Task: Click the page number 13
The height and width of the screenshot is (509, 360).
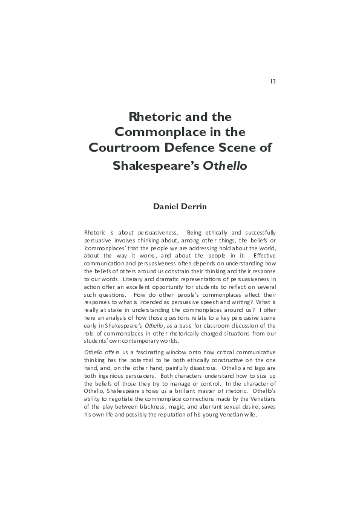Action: pos(273,82)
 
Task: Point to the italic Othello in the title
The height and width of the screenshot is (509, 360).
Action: pos(225,165)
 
